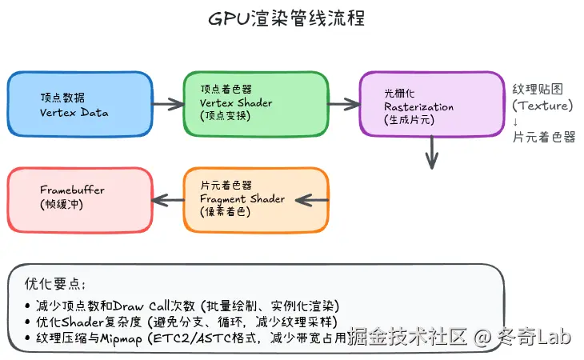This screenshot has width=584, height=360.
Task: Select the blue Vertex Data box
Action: click(79, 104)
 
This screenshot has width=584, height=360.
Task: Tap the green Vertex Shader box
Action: click(255, 104)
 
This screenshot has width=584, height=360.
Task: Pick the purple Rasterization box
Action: click(431, 104)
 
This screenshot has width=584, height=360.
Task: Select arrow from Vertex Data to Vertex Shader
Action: click(167, 104)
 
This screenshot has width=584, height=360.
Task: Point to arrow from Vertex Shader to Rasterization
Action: click(343, 104)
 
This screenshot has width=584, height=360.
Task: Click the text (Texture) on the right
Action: click(542, 106)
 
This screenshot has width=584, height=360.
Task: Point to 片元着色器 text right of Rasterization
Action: click(543, 138)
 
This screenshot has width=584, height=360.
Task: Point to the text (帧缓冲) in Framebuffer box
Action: click(63, 205)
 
